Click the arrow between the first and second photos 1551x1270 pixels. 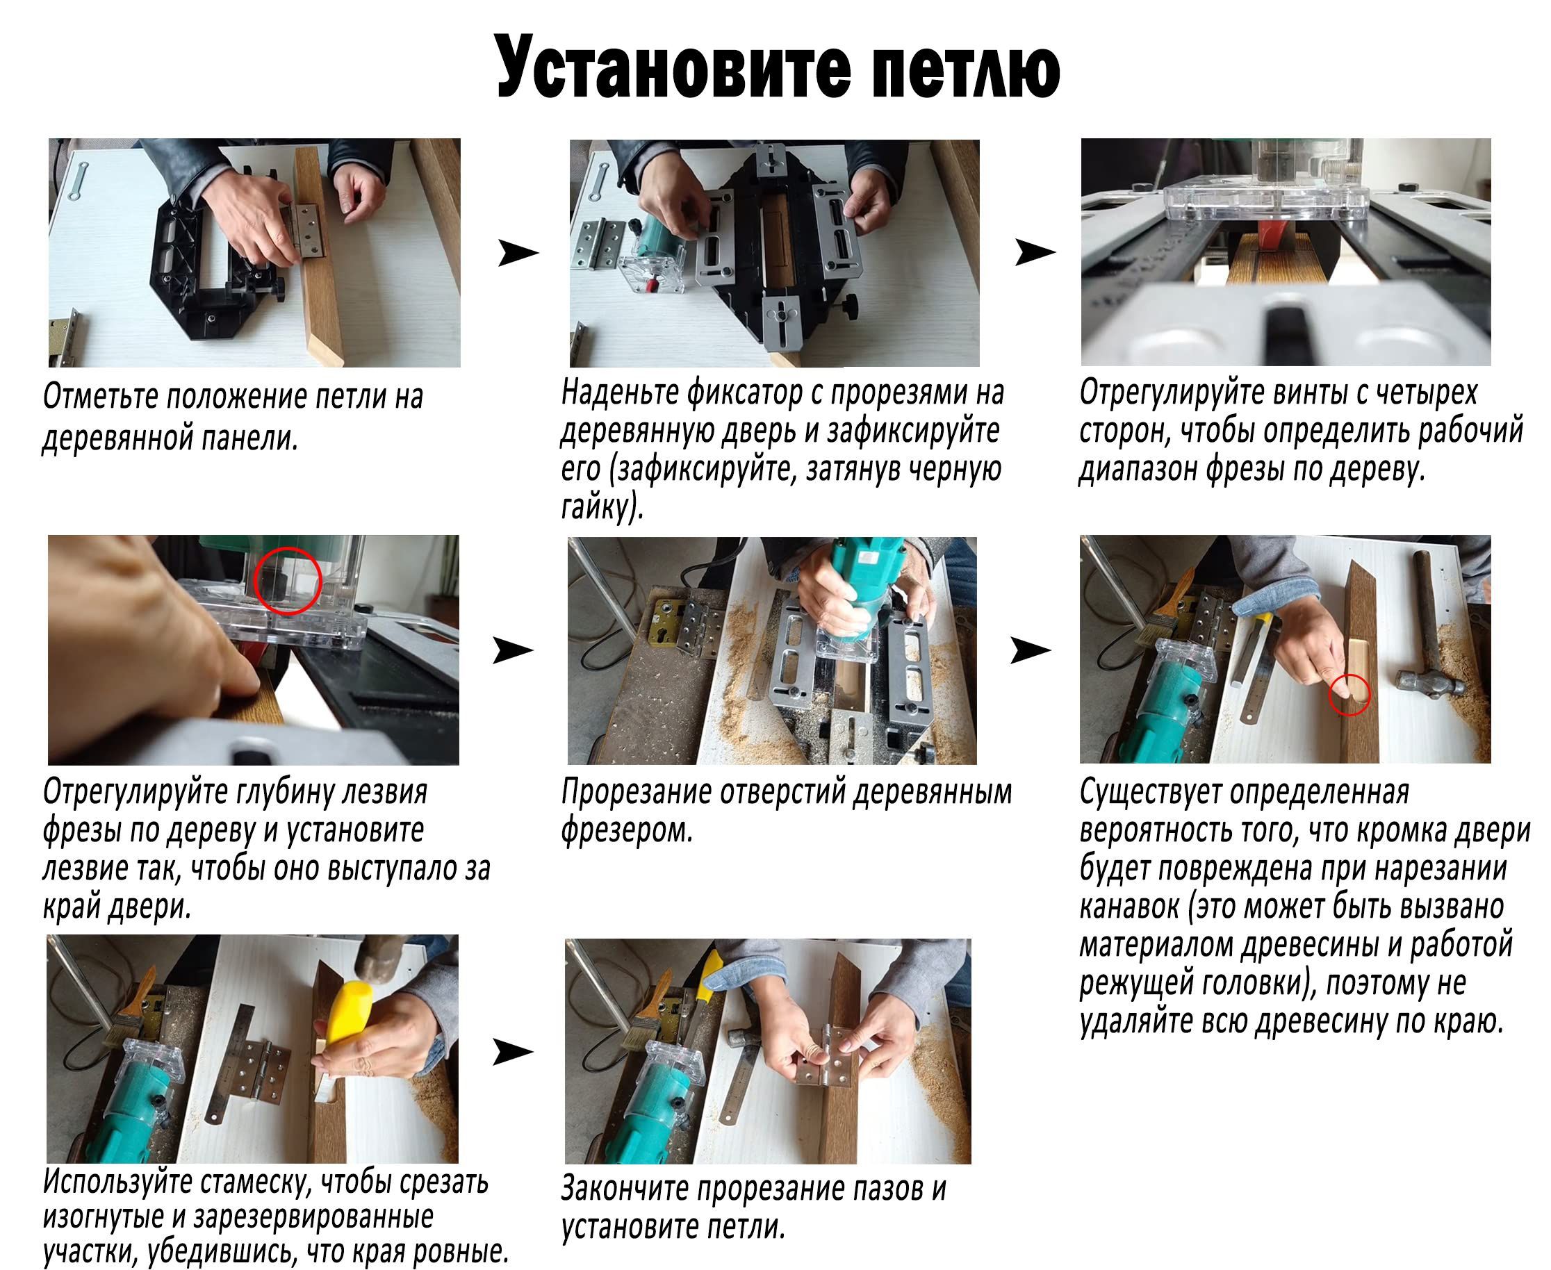(x=517, y=253)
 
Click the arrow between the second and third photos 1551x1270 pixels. (x=1035, y=252)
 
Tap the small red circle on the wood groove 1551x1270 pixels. (x=1349, y=694)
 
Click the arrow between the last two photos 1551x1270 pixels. (x=512, y=1052)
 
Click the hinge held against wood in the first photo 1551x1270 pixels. (x=306, y=230)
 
